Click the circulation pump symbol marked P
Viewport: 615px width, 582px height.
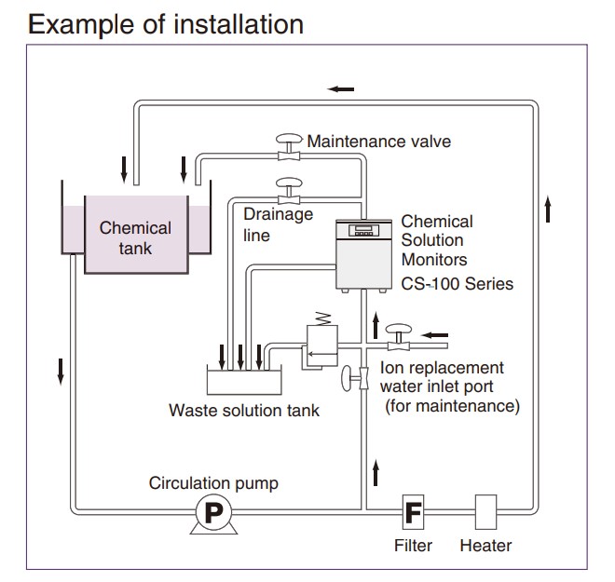[x=212, y=511]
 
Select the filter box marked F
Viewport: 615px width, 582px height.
[x=413, y=510]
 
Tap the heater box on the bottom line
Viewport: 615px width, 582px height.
[x=486, y=510]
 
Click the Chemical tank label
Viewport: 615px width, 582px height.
[x=135, y=237]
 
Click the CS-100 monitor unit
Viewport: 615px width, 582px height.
[x=365, y=253]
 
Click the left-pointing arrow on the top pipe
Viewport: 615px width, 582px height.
[x=340, y=88]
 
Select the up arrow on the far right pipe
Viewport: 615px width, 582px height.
[x=548, y=210]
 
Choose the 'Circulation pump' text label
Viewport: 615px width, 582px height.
[x=212, y=483]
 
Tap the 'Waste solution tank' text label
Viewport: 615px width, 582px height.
[x=243, y=410]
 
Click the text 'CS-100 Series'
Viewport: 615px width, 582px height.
[x=457, y=283]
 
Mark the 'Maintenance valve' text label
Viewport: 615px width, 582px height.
[x=378, y=142]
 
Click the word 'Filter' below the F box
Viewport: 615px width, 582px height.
[x=413, y=546]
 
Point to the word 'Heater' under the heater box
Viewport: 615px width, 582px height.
[x=485, y=546]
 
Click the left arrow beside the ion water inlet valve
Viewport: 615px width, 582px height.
[x=435, y=333]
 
